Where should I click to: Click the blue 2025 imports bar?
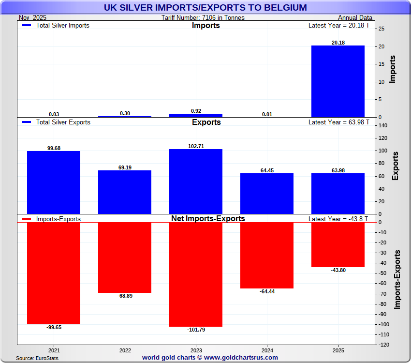click(x=338, y=81)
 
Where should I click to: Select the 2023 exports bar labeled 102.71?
click(x=196, y=181)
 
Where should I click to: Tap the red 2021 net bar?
click(x=54, y=273)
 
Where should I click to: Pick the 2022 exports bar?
click(x=125, y=192)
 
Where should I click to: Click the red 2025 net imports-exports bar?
click(x=338, y=244)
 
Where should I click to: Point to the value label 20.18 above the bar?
click(x=338, y=43)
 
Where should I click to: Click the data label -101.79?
click(x=196, y=330)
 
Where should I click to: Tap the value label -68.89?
click(x=125, y=296)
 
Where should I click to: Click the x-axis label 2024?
click(x=267, y=350)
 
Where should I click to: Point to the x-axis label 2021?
click(x=54, y=350)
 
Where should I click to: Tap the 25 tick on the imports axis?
click(x=382, y=29)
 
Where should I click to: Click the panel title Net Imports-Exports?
click(x=208, y=219)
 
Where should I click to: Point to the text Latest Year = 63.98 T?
click(x=338, y=122)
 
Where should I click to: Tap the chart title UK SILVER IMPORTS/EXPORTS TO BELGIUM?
click(x=205, y=7)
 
